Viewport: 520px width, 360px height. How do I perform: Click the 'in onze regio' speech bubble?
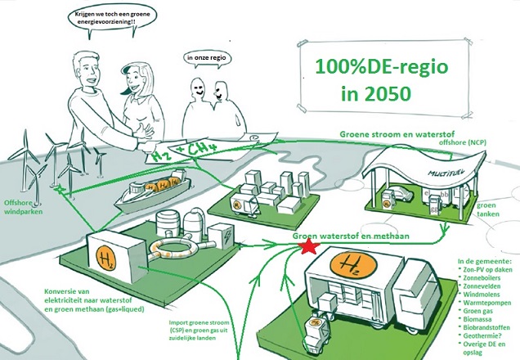207,58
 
